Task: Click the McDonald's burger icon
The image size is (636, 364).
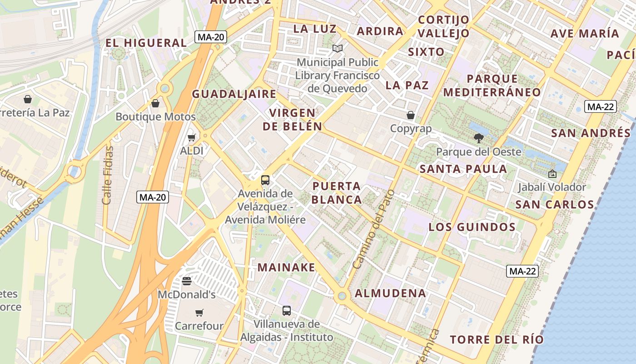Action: [x=187, y=281]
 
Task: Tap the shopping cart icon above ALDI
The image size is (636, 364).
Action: [x=192, y=137]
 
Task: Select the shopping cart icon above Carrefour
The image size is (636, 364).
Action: [x=199, y=313]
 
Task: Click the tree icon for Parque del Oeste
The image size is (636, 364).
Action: [x=478, y=138]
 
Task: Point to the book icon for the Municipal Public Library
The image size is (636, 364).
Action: [x=337, y=48]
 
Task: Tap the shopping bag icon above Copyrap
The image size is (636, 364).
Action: [x=411, y=115]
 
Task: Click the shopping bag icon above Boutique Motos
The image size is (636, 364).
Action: [x=155, y=103]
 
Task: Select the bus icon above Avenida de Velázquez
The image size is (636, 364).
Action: [x=265, y=180]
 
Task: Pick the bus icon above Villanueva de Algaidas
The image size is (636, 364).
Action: [x=287, y=311]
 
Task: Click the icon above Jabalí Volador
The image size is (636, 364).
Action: [x=552, y=173]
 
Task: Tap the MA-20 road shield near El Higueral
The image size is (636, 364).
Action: [x=211, y=37]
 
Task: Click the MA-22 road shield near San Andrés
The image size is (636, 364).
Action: [x=601, y=107]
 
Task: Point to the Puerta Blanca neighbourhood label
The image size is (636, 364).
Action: [x=337, y=192]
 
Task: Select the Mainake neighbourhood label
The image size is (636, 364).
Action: [x=286, y=267]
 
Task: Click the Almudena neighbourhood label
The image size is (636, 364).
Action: [x=390, y=293]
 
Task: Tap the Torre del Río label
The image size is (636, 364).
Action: [x=497, y=339]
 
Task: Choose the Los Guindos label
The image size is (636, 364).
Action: [x=472, y=227]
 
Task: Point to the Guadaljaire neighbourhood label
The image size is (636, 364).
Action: [x=234, y=94]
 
